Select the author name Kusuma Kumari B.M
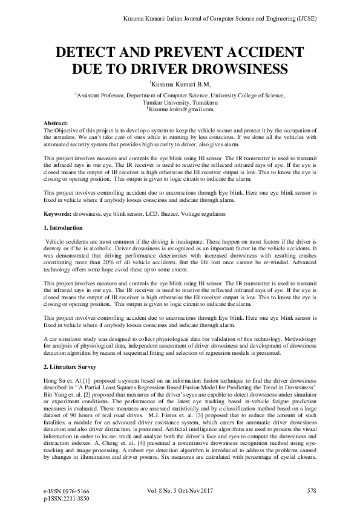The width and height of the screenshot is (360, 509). coord(180,85)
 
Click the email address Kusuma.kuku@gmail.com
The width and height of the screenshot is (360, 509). coord(180,109)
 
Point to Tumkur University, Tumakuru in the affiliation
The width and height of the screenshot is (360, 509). coord(180,102)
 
